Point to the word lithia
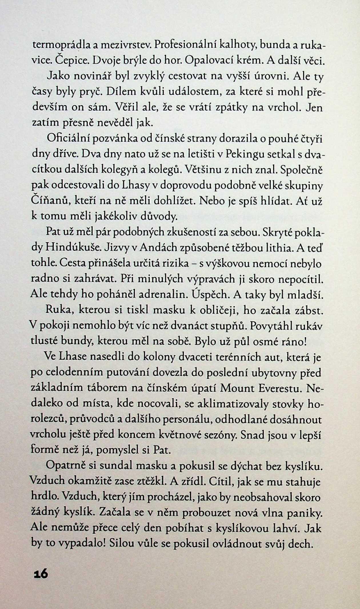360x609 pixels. point(277,248)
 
